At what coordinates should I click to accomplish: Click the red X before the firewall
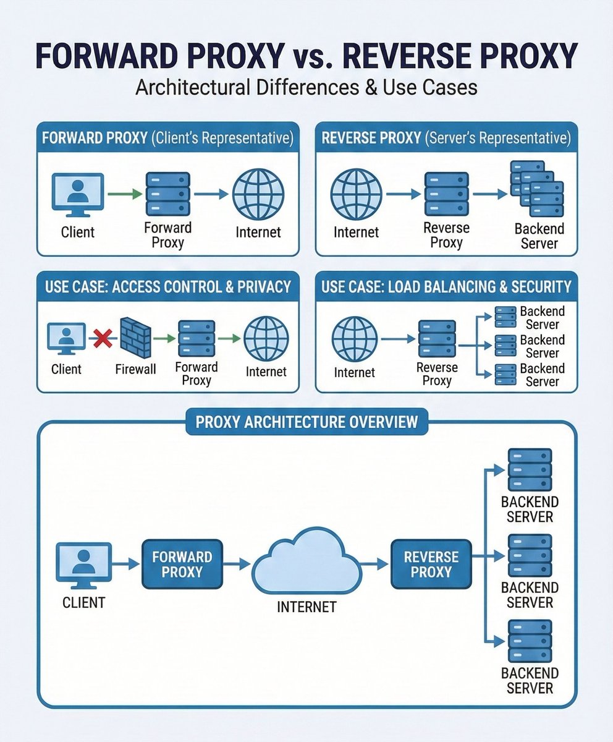coord(103,338)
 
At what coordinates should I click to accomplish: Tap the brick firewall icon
coord(135,338)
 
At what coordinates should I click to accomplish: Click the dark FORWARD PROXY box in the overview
coord(182,564)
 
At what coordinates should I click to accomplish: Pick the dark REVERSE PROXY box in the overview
coord(431,564)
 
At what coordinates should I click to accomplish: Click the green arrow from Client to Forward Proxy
coord(125,194)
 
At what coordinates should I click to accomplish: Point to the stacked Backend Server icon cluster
coord(536,189)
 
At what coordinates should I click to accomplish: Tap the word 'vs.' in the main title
coord(313,56)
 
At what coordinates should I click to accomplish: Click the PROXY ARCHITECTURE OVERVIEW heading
coord(307,422)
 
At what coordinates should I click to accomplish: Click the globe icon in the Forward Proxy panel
coord(258,194)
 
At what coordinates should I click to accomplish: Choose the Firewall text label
coord(135,369)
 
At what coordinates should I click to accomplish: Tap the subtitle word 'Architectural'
coord(193,87)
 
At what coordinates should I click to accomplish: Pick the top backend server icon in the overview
coord(530,469)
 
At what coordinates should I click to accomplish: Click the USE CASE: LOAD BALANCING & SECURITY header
coord(446,287)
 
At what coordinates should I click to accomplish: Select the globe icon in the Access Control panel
coord(266,339)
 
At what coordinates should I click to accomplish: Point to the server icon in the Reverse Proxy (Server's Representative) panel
coord(446,194)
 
